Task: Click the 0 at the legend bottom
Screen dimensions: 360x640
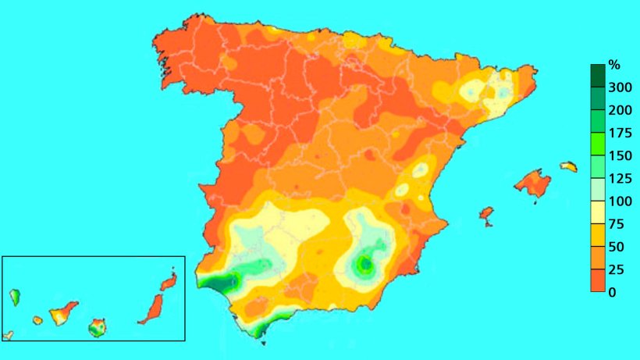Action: (612, 292)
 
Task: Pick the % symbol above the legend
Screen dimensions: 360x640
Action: (613, 64)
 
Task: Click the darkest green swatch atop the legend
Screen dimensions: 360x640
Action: (598, 75)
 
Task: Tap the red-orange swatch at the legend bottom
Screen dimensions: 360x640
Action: (598, 280)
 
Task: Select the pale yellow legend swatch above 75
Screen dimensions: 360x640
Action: (598, 212)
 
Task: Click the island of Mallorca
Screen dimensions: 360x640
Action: (533, 183)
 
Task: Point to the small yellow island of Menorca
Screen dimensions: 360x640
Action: (569, 166)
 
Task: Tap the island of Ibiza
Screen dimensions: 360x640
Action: (487, 213)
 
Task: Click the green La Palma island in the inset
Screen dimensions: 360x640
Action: (15, 297)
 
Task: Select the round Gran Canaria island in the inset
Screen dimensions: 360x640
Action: (97, 326)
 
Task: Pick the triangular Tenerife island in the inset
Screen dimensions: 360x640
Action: (61, 315)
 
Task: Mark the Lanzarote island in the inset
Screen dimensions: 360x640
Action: (169, 281)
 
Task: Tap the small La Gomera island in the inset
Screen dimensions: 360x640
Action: (37, 320)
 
